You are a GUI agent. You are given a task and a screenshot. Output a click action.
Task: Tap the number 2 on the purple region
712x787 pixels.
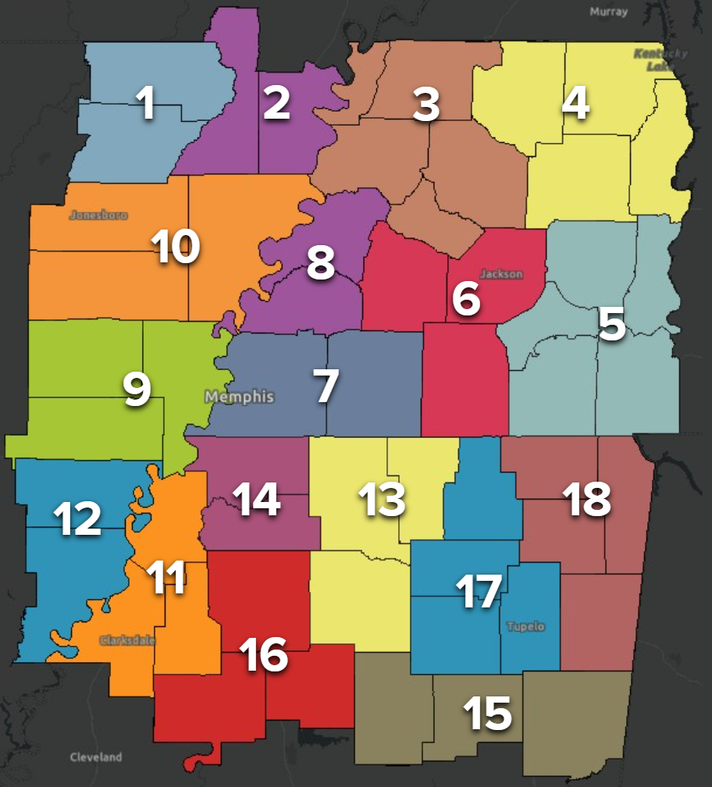click(x=276, y=103)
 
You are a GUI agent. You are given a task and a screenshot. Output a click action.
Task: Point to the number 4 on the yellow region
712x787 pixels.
click(x=575, y=104)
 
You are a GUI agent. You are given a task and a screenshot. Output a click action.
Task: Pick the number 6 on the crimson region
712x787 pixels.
click(x=466, y=299)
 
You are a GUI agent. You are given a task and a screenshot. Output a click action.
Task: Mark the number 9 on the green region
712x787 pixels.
click(x=137, y=389)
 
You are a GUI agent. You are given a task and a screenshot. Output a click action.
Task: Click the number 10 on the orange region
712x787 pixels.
click(x=176, y=247)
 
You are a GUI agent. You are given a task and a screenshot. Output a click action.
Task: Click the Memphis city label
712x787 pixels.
click(x=240, y=397)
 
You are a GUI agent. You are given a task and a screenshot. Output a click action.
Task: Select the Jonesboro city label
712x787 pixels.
click(x=98, y=215)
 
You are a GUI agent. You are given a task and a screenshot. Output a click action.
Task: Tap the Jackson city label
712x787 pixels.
click(x=501, y=274)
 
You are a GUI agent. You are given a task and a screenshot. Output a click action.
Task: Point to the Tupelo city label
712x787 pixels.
click(x=526, y=627)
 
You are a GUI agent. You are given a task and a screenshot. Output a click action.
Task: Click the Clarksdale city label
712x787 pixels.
click(x=127, y=640)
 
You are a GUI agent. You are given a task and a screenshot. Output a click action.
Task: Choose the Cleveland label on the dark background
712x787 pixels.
click(x=96, y=757)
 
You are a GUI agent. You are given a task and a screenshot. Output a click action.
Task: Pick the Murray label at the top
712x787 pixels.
click(x=608, y=12)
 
